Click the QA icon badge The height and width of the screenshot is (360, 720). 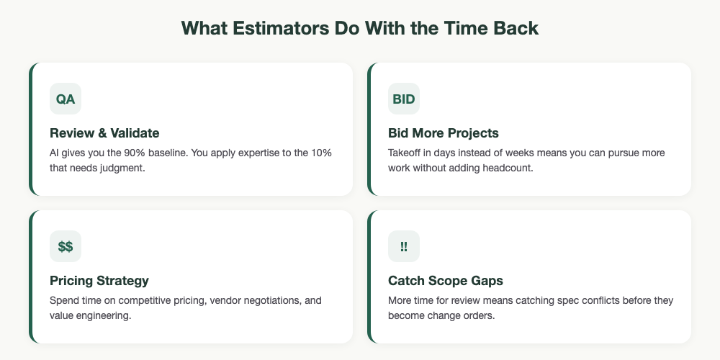(66, 99)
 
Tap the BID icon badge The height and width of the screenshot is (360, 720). (403, 99)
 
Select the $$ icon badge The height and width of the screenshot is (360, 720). (66, 246)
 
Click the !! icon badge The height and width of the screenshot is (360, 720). (403, 246)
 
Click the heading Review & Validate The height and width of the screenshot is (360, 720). (104, 133)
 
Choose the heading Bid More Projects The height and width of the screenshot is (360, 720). (443, 133)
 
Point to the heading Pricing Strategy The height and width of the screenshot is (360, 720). (99, 280)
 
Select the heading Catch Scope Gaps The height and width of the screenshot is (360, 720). (445, 280)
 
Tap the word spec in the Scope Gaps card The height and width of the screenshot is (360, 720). (562, 301)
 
